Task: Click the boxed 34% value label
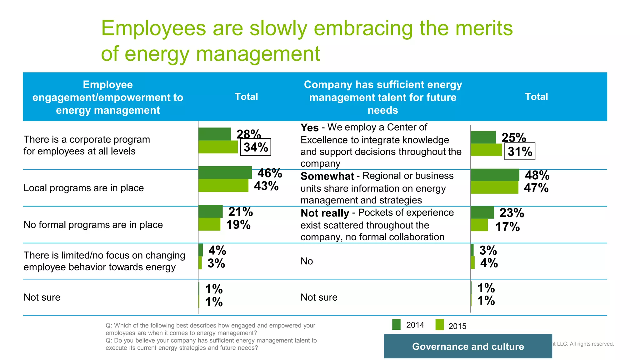(255, 147)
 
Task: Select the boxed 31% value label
(520, 152)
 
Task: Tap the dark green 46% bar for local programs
(225, 172)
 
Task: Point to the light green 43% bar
(223, 186)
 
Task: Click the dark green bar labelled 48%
(495, 175)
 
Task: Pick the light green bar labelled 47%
(494, 187)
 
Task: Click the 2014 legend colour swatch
(396, 324)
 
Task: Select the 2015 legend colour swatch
(439, 325)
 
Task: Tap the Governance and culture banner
(467, 346)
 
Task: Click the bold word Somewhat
(327, 176)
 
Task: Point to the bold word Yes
(309, 127)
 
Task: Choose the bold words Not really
(325, 213)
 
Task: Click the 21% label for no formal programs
(240, 212)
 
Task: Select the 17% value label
(507, 227)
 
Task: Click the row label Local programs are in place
(83, 188)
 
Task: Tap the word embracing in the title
(363, 28)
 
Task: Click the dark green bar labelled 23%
(482, 212)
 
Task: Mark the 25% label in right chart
(513, 137)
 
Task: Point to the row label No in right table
(307, 261)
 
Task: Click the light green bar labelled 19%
(209, 224)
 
